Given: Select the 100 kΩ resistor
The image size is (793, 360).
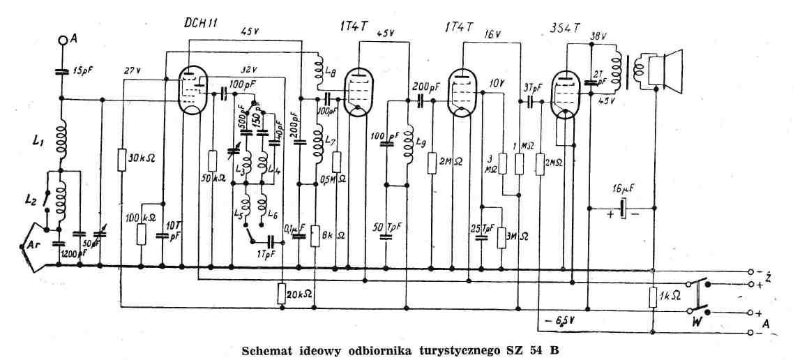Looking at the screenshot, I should coord(142,234).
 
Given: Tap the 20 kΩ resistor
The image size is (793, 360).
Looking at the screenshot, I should coord(281,293).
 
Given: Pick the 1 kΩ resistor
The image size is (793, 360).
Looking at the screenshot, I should coord(653,297).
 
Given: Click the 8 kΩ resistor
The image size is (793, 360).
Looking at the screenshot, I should coord(315,235).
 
